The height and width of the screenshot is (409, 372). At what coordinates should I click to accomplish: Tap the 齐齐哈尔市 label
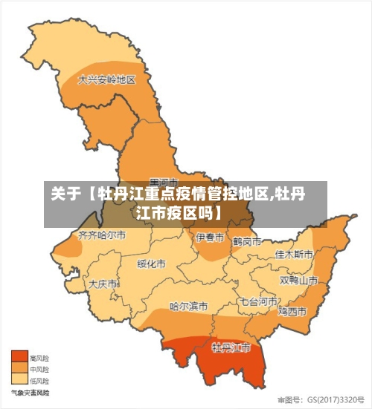pos(102,235)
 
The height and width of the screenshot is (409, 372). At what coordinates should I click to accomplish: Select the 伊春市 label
pos(210,238)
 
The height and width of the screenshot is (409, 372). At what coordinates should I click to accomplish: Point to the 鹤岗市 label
pos(246,242)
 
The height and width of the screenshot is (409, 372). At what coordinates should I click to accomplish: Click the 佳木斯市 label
pos(294,254)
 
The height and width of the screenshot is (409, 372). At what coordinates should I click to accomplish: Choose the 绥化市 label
pos(151,264)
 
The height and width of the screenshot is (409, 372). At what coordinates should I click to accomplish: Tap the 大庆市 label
pos(103,284)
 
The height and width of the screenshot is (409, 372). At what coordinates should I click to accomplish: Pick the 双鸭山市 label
pos(298,281)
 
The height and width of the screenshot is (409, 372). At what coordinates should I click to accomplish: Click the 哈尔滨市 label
pos(188,305)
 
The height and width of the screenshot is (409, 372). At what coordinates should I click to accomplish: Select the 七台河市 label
pos(258,302)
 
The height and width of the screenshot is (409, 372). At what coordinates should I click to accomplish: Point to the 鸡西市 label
pos(292,310)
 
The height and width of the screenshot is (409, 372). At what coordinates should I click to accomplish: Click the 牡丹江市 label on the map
pos(231,347)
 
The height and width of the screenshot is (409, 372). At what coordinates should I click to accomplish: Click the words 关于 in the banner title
pos(65,195)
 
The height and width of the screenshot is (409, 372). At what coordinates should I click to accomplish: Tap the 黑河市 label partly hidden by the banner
pos(164,182)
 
